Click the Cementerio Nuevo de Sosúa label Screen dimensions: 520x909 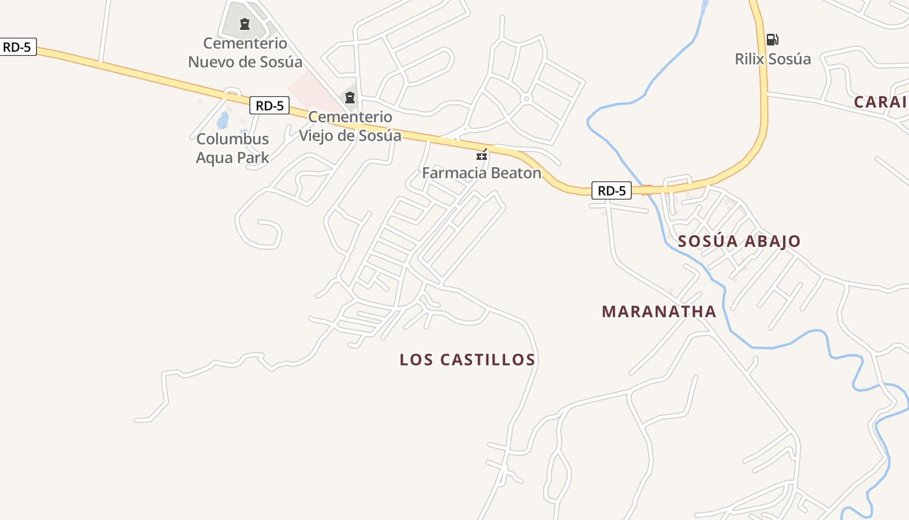click(x=245, y=53)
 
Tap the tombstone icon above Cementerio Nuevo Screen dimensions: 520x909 click(x=244, y=25)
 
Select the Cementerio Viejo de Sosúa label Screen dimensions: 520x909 click(x=350, y=126)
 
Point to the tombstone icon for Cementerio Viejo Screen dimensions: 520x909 click(x=350, y=98)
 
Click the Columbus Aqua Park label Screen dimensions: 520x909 click(x=232, y=148)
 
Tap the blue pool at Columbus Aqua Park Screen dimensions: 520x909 click(x=223, y=120)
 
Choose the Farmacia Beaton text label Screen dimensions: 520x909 click(x=481, y=173)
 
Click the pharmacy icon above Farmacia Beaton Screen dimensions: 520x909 click(x=482, y=155)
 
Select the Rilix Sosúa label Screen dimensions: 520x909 click(x=773, y=59)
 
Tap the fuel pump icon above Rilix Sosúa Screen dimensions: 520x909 click(x=772, y=39)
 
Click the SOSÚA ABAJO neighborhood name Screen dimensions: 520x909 click(x=739, y=242)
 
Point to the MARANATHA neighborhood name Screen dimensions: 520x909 click(x=659, y=312)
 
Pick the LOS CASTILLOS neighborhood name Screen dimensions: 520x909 click(x=467, y=360)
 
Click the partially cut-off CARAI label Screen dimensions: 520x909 click(x=880, y=102)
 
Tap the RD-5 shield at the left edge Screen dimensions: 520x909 click(x=17, y=47)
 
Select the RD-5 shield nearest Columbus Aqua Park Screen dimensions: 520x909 click(x=269, y=105)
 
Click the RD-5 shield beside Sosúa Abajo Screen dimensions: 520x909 click(x=612, y=190)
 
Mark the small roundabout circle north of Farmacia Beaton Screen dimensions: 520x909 click(x=527, y=99)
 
